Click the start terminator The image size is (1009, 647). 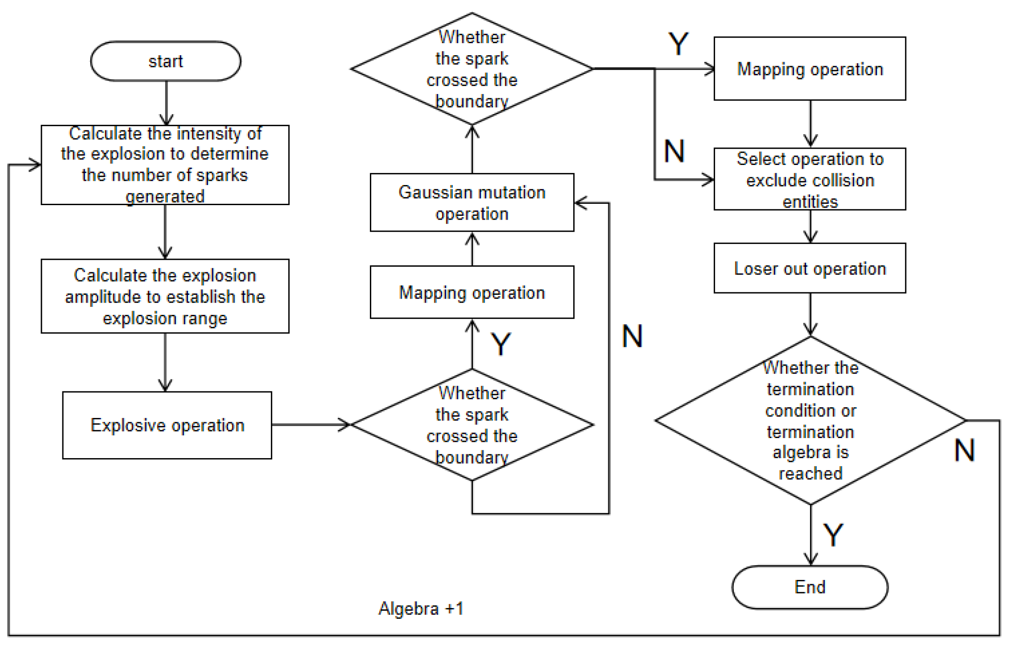point(165,61)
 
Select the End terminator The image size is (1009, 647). point(810,587)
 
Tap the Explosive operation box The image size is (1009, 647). point(167,425)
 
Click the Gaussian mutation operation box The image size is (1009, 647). point(472,202)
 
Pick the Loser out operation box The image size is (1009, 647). point(810,268)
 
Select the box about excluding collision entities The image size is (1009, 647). point(810,179)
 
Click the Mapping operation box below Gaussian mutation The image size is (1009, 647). point(472,292)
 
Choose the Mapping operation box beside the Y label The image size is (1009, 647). point(810,68)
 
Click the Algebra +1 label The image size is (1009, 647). point(421,608)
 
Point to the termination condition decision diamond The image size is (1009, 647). point(810,420)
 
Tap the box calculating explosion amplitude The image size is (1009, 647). point(165,296)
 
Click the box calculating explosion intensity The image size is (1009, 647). point(165,165)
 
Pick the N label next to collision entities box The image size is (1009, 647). point(674,151)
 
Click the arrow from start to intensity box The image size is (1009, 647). point(166,103)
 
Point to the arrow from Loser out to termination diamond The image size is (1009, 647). point(810,314)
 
